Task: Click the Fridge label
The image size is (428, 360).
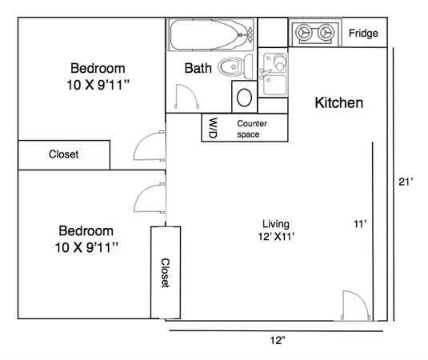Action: pos(363,34)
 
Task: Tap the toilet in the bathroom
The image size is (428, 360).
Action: pos(235,66)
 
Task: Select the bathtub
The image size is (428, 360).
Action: pos(211,34)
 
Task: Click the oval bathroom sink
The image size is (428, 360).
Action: pos(244,98)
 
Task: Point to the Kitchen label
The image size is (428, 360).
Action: pos(339,103)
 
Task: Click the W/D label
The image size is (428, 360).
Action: pos(213,128)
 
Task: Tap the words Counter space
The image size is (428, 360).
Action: pos(252,129)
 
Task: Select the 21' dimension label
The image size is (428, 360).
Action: pos(406,182)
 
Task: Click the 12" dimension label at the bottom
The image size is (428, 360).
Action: pos(278,340)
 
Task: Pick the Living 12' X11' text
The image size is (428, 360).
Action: pos(276,230)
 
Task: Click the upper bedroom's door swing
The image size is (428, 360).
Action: pos(149,146)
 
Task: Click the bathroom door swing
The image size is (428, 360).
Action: pos(187,96)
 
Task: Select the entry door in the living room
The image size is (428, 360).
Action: pos(356,305)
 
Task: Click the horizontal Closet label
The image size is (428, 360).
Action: pos(63,154)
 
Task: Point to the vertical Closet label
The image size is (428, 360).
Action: pos(166,273)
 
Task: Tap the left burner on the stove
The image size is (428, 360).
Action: pos(303,33)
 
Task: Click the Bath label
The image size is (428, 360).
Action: pos(198,68)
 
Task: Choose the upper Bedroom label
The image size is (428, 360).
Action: pos(98,68)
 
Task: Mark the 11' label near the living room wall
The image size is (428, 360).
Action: pos(360,224)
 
